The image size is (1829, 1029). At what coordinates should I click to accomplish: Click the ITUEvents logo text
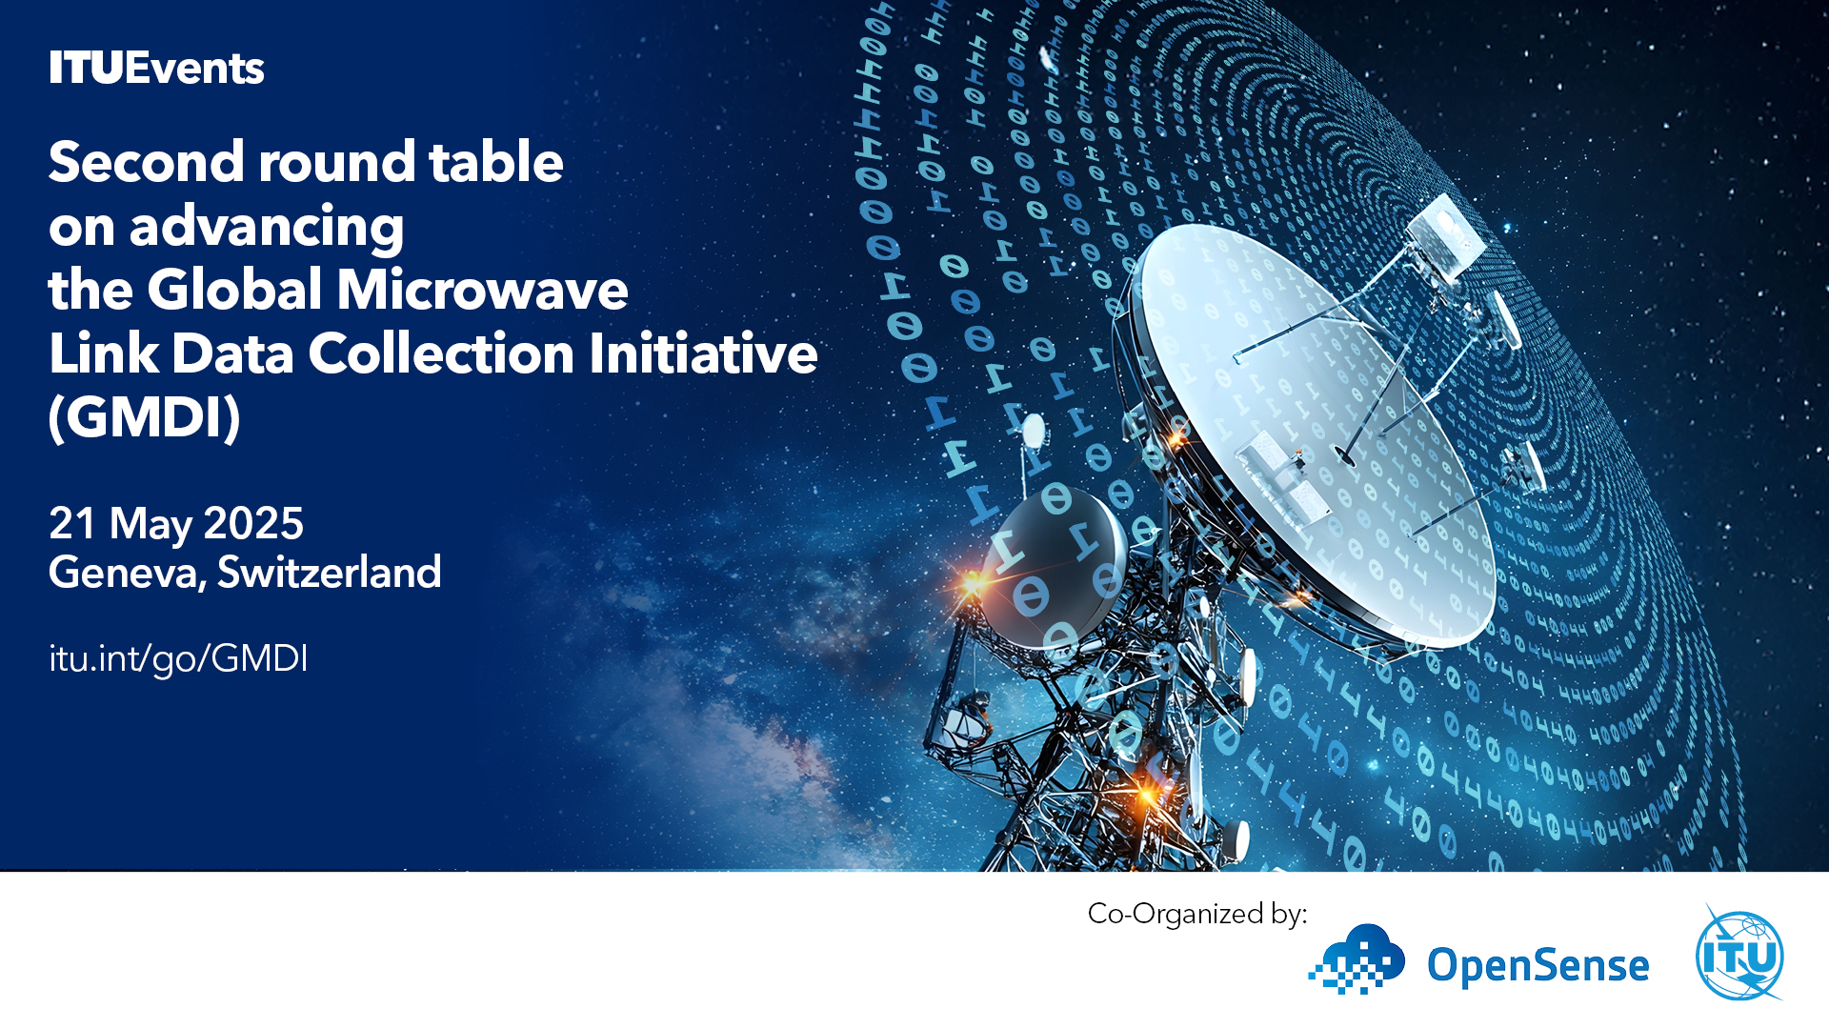156,68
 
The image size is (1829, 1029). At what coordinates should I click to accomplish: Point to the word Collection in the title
442,353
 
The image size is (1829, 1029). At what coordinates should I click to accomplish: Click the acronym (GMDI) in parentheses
144,417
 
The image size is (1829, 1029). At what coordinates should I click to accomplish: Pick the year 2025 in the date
253,523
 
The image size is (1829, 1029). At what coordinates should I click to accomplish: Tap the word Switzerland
330,572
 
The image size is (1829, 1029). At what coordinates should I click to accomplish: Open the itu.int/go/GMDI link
178,659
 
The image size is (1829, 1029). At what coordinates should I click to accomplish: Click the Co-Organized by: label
1197,915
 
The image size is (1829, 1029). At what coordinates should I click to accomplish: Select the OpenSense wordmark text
1538,966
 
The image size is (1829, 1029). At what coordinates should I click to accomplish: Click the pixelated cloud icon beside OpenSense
1357,958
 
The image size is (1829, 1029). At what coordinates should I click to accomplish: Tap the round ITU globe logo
1739,956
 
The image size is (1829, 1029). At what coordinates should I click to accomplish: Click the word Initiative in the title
703,353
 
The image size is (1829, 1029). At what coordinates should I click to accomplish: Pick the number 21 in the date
72,523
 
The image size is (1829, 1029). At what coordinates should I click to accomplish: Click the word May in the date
151,525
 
